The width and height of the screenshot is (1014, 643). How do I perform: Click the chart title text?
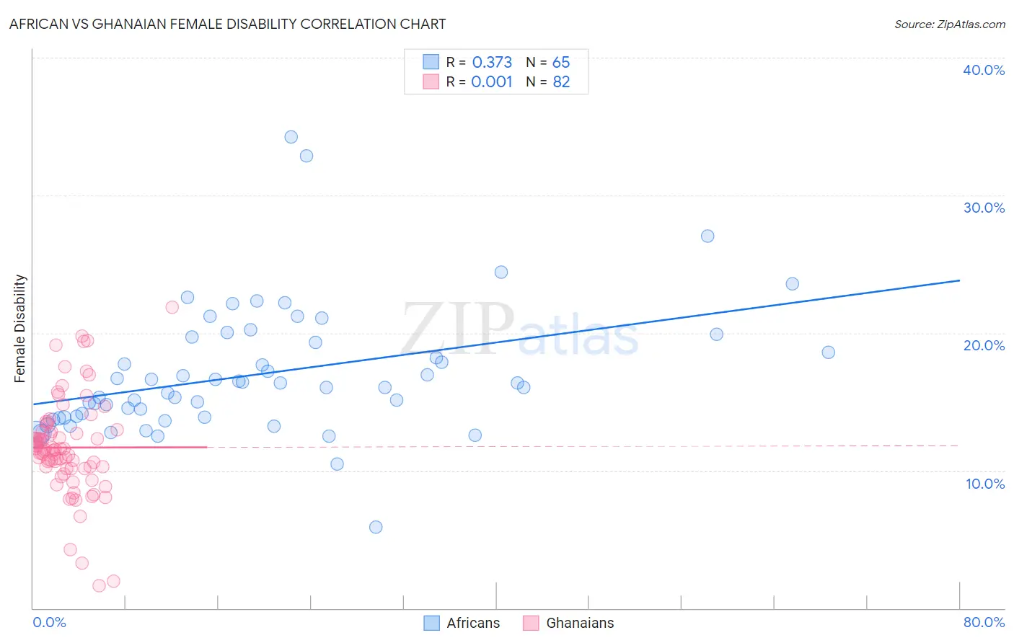pos(227,24)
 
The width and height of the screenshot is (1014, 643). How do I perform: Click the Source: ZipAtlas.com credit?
pos(949,24)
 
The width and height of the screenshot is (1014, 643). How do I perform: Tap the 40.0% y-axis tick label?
pos(984,70)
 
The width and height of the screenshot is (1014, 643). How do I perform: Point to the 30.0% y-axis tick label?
pos(984,208)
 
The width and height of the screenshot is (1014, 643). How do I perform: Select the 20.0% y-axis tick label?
pos(984,345)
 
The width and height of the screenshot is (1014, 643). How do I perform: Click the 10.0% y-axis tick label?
pos(985,484)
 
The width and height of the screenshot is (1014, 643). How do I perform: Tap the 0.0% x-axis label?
pos(49,622)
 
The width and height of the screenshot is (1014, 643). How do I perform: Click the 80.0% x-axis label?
pos(984,622)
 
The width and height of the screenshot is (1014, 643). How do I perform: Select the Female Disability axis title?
pos(20,328)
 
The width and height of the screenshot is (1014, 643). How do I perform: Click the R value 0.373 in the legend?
pos(492,63)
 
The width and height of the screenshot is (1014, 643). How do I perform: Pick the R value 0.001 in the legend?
pos(492,82)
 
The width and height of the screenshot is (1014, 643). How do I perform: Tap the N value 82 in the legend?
pos(561,82)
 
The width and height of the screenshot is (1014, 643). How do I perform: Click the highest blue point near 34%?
pos(291,137)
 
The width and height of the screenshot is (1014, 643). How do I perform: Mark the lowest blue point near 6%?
pos(376,527)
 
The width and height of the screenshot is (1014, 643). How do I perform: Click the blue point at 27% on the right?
pos(707,236)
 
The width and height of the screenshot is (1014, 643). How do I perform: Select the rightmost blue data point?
pos(828,352)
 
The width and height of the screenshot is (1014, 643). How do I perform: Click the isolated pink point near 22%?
pos(172,307)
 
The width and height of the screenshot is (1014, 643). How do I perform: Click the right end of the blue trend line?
pos(959,280)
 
